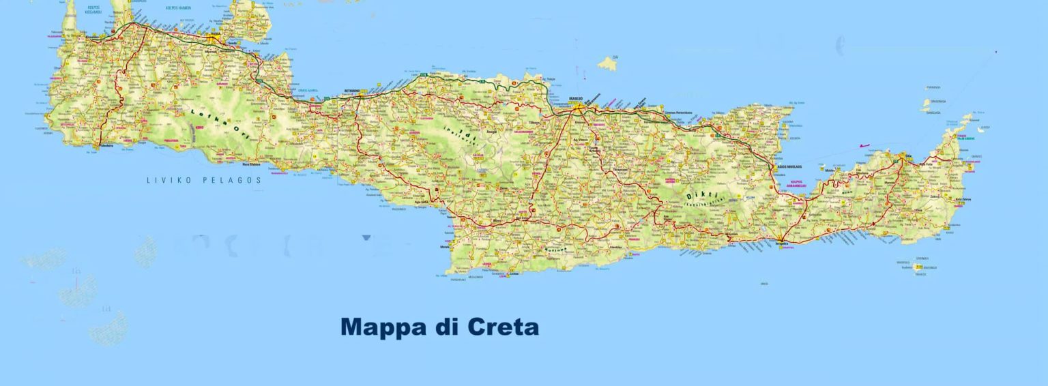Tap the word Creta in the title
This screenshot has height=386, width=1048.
tap(503, 327)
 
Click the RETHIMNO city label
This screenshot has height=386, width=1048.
tap(352, 90)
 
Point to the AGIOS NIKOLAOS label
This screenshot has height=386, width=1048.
tap(789, 166)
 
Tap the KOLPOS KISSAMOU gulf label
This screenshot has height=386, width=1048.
tap(93, 9)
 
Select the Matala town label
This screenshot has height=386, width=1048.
tap(446, 248)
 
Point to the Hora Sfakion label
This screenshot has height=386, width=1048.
tap(251, 164)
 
